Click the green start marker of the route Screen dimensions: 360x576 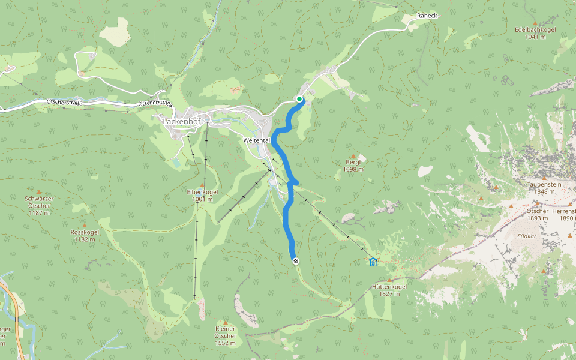(x=299, y=99)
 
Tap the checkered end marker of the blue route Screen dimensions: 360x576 (x=296, y=260)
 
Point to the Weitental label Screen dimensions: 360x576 (x=256, y=140)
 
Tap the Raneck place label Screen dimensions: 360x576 (x=428, y=16)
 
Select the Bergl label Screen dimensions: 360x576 (x=353, y=163)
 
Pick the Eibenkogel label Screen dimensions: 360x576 (x=202, y=192)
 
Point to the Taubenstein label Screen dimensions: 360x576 (x=544, y=184)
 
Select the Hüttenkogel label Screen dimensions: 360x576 (x=390, y=287)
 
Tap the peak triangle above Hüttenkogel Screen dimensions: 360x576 (x=390, y=280)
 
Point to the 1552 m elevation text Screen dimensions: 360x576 (x=226, y=343)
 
